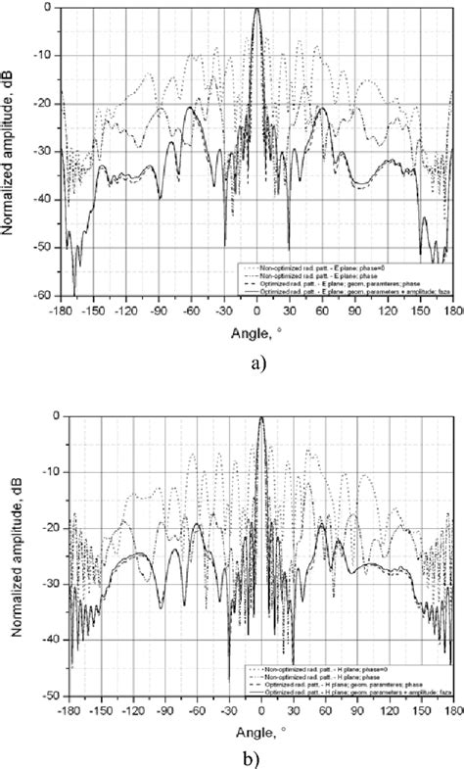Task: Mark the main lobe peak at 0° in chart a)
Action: coord(256,9)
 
